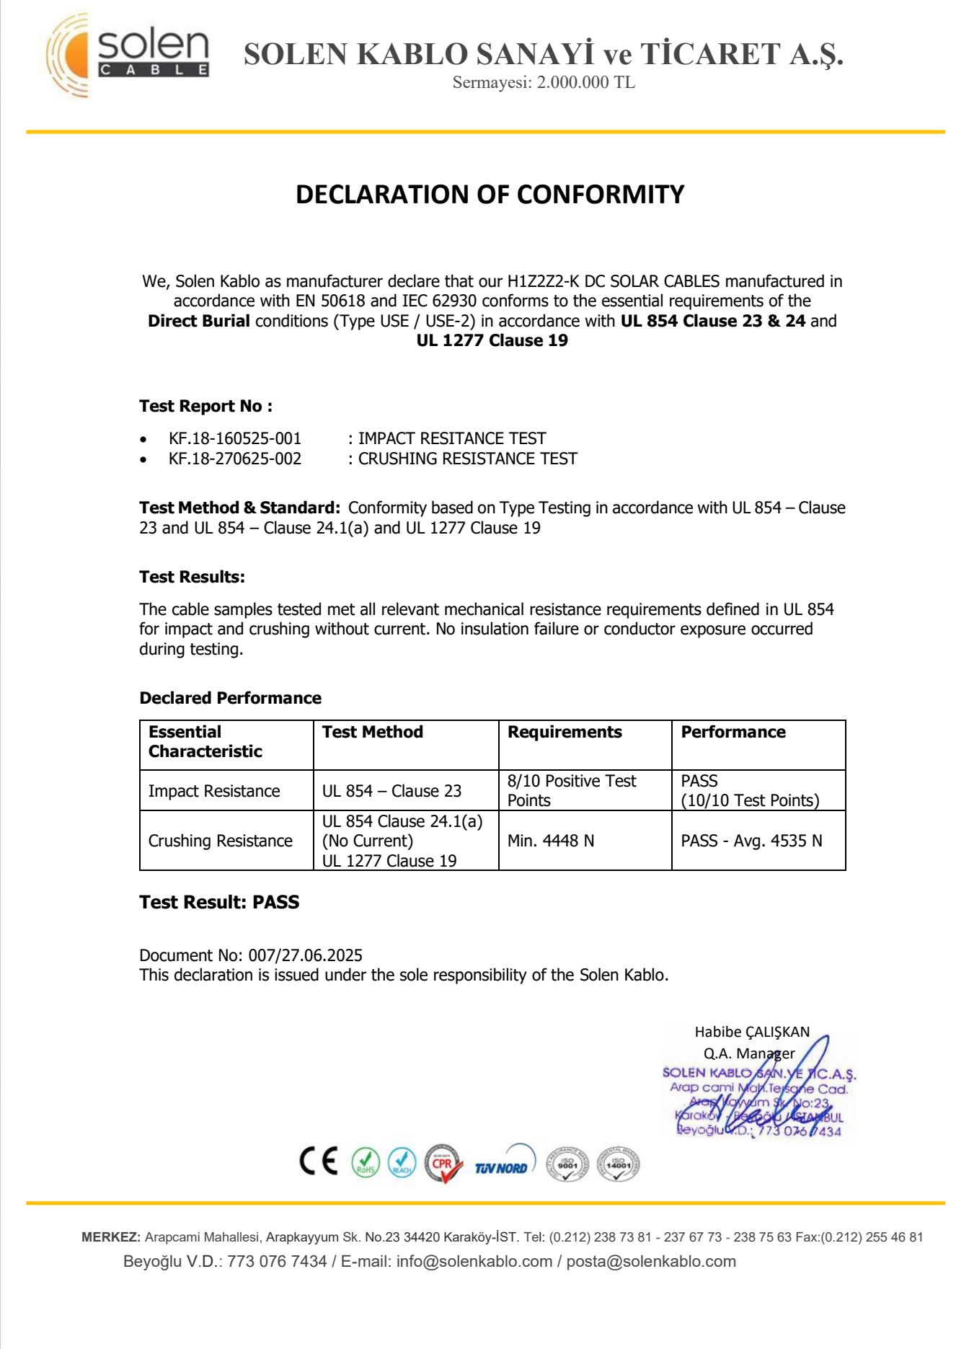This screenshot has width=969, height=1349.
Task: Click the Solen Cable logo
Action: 128,55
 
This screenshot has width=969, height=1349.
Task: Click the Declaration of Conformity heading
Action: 490,195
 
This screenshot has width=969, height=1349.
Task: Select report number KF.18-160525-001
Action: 235,438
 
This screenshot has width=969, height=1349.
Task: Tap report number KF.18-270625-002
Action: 235,459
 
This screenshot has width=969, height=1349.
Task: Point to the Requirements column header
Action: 565,732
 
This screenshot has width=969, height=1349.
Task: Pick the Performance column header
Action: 733,732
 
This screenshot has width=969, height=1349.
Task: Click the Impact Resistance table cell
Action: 214,791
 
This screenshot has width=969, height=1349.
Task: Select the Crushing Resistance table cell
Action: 220,841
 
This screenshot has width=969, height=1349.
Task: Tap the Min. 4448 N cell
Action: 551,841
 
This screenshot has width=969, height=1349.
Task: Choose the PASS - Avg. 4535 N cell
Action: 751,841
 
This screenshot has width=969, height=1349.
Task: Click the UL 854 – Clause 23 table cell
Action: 391,791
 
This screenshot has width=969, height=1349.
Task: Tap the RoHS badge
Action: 366,1162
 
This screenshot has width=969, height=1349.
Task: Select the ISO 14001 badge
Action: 619,1163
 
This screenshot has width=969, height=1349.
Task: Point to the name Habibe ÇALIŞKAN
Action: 752,1032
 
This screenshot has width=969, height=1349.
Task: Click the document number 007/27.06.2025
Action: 305,955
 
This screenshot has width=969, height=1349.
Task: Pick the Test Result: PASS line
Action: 219,902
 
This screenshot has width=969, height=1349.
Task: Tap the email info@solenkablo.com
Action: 474,1261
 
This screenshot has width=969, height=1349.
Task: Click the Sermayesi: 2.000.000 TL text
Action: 544,82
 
